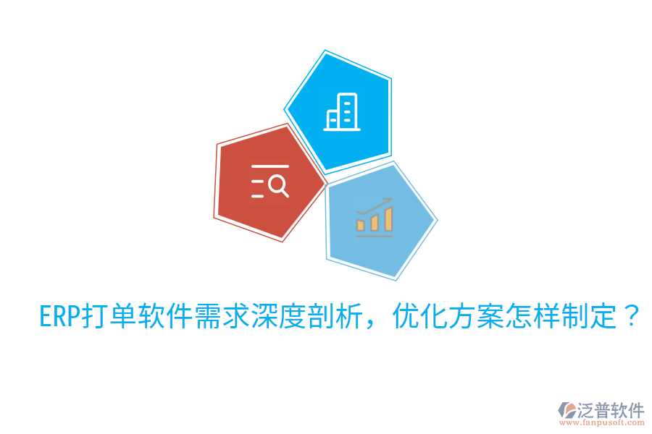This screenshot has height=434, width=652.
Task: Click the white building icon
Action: tap(343, 112)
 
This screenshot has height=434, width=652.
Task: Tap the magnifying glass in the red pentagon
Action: tap(278, 186)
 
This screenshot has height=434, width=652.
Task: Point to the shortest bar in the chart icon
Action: tap(361, 225)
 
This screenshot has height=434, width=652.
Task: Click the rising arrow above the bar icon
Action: tap(375, 205)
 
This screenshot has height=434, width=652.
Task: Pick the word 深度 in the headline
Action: tap(279, 317)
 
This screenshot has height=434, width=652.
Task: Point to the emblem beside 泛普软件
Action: tap(567, 410)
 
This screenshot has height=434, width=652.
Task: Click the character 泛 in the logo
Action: tap(587, 410)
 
